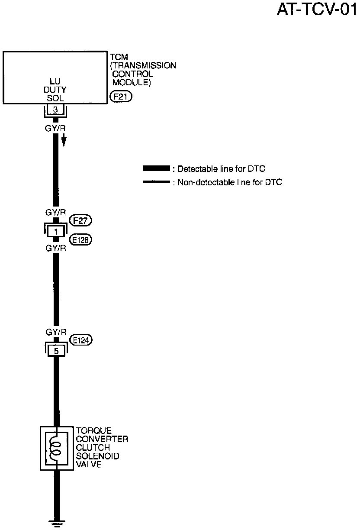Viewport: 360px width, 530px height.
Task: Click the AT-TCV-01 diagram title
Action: [x=318, y=10]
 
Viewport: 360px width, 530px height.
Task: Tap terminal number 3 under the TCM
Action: [x=55, y=109]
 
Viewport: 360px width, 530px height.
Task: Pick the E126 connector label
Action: [x=81, y=240]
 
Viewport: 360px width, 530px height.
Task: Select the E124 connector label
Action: [x=81, y=341]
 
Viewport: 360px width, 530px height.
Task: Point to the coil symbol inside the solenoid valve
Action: [x=55, y=448]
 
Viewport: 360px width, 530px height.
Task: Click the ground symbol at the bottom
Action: [x=55, y=524]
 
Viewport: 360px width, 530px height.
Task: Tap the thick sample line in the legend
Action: [x=156, y=168]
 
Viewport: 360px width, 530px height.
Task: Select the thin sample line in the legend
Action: [x=156, y=182]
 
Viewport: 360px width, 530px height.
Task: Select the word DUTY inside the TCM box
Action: [x=55, y=90]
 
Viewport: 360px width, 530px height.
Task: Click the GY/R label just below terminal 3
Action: [x=55, y=128]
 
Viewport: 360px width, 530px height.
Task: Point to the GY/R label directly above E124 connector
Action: [x=55, y=332]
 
